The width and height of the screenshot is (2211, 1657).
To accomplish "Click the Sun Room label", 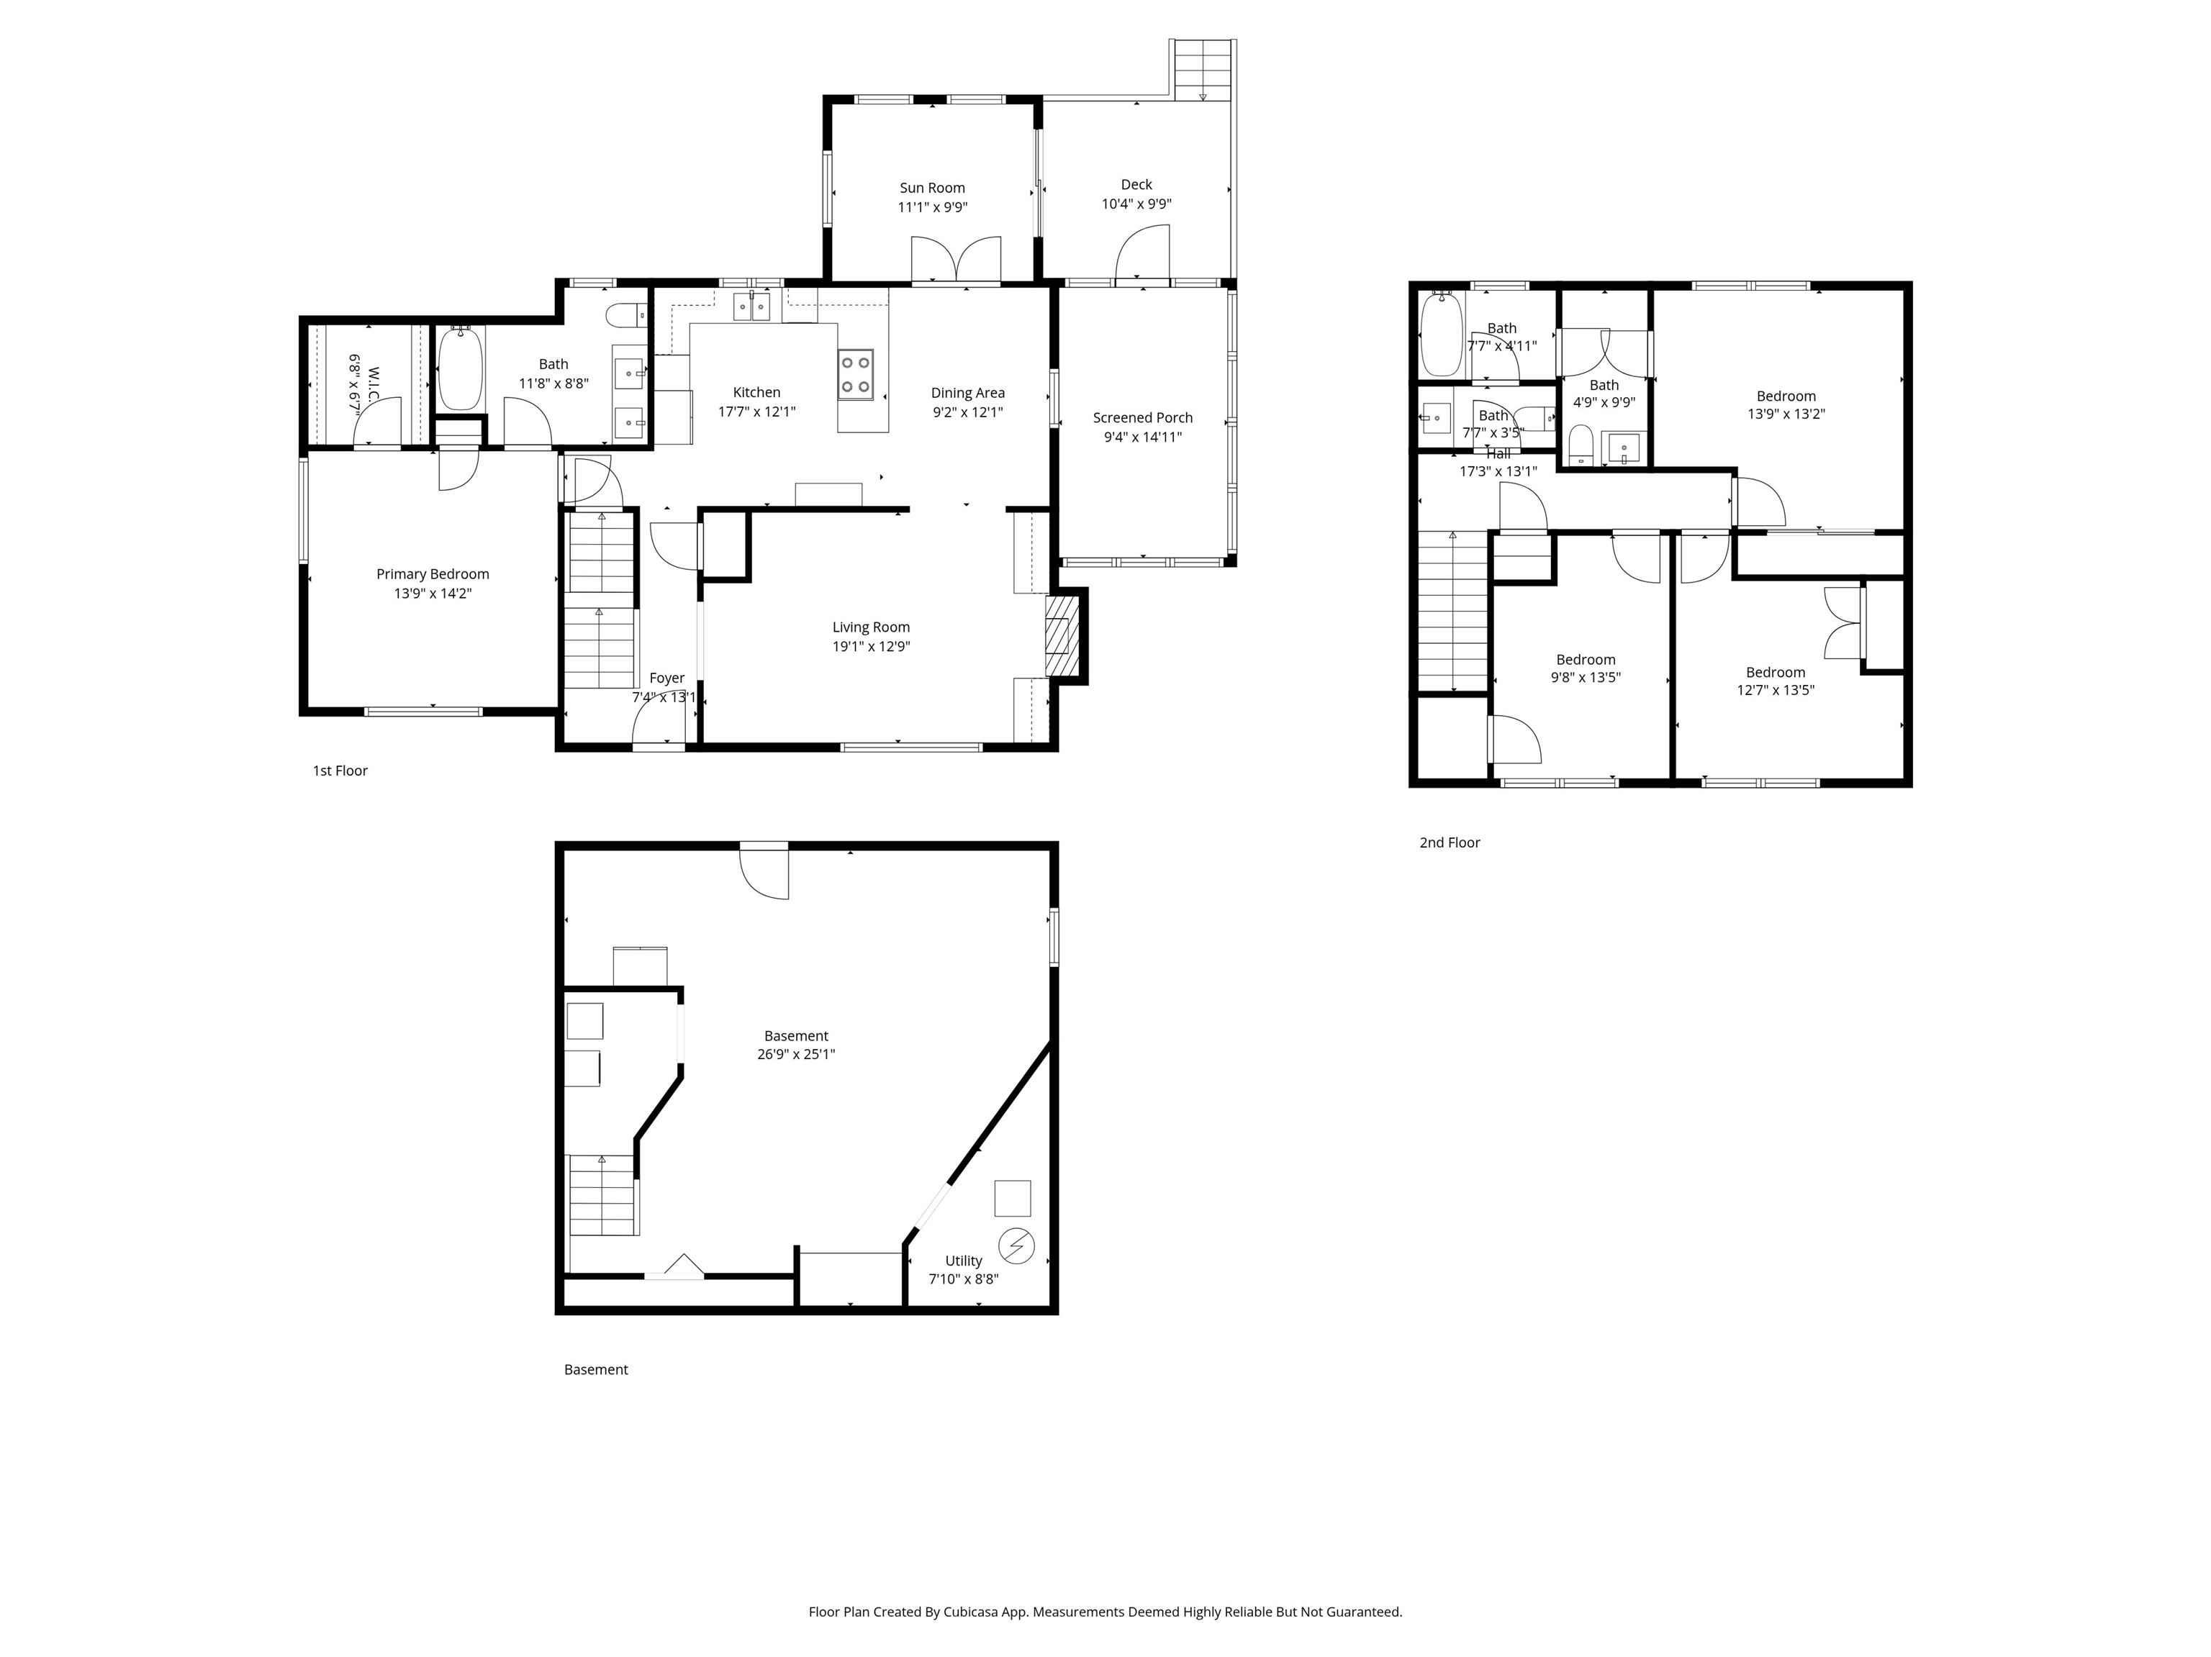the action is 931,188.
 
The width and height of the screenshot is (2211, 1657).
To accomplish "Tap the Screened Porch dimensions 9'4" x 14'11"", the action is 1142,437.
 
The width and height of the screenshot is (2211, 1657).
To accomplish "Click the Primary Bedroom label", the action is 433,573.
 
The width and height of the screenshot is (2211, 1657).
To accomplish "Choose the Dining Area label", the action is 967,393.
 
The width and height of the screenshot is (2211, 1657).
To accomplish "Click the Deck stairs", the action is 1203,69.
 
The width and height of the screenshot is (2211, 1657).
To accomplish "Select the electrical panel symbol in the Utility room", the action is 1016,1246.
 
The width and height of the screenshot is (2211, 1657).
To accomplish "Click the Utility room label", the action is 964,1261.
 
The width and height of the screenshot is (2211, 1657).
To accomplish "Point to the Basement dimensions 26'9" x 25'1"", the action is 797,1054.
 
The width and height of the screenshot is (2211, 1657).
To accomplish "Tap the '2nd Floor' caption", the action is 1450,843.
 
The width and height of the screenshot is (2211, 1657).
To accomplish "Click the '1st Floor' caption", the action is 340,771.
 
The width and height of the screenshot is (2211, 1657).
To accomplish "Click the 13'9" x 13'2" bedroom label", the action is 1786,396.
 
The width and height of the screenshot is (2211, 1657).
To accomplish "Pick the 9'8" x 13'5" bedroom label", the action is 1586,660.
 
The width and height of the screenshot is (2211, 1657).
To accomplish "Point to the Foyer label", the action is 666,678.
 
